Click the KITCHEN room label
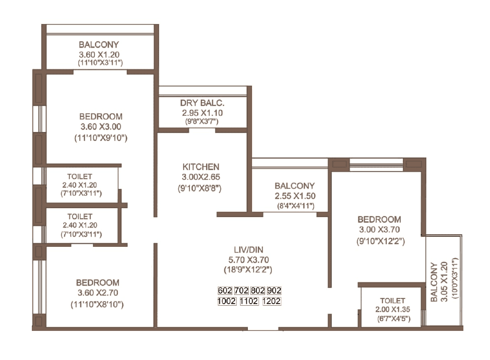200,167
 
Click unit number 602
225,291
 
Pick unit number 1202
271,301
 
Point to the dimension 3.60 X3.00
100,127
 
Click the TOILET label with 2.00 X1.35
392,301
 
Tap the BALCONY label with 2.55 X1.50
295,186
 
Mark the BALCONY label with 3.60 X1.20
99,44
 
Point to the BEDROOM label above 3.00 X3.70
379,220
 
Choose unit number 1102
249,301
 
